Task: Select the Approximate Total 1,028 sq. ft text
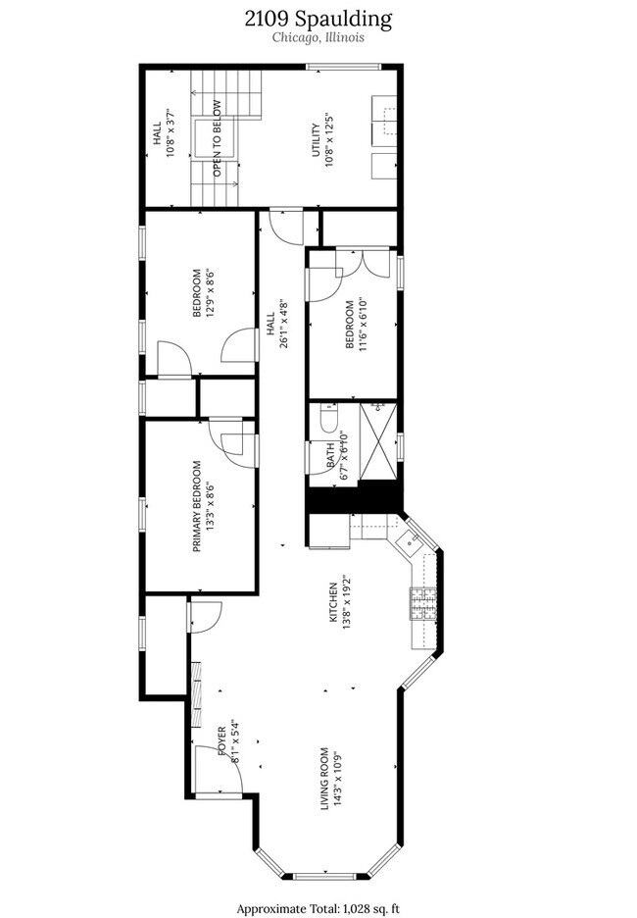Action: (x=318, y=906)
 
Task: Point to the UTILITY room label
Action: (x=315, y=139)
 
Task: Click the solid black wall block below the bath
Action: (x=353, y=500)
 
